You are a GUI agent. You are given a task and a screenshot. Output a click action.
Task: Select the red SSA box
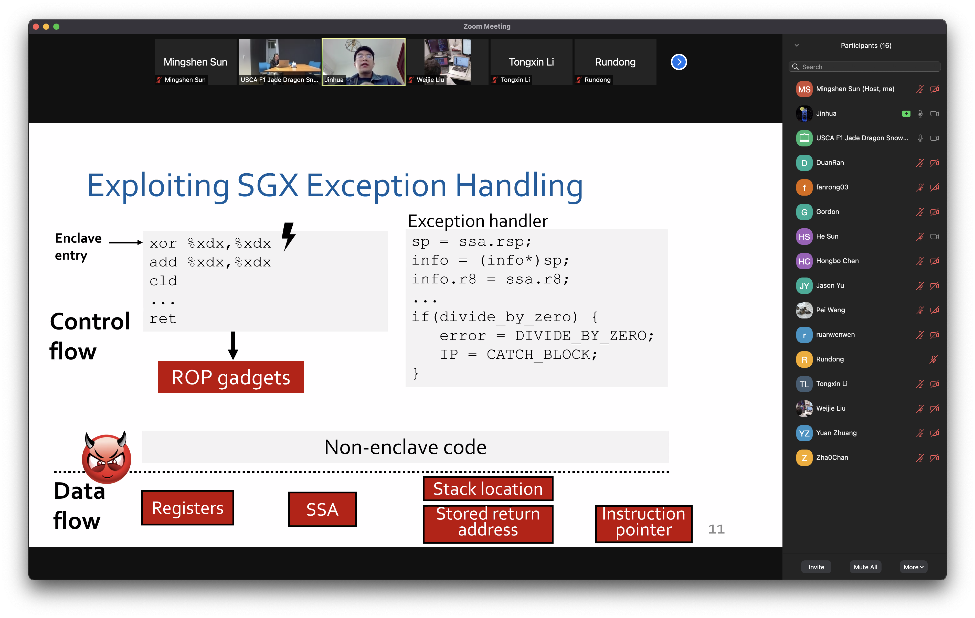pos(322,509)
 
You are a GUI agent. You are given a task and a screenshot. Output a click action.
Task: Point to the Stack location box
pos(488,489)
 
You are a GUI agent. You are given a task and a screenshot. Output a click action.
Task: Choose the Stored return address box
pos(488,523)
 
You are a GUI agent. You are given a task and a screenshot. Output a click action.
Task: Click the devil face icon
pos(107,458)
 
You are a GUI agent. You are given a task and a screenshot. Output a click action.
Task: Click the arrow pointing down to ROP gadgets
pos(233,345)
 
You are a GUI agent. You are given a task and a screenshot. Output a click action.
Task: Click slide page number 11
pos(716,529)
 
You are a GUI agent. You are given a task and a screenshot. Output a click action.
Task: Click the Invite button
pos(816,567)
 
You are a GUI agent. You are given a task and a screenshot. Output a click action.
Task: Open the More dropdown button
pos(914,567)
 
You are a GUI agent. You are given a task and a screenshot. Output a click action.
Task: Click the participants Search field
pos(864,67)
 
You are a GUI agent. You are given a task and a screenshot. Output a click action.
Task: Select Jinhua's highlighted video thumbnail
pos(363,62)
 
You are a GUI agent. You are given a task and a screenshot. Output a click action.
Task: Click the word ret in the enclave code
pos(163,319)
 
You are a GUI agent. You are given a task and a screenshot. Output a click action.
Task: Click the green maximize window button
pos(56,27)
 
